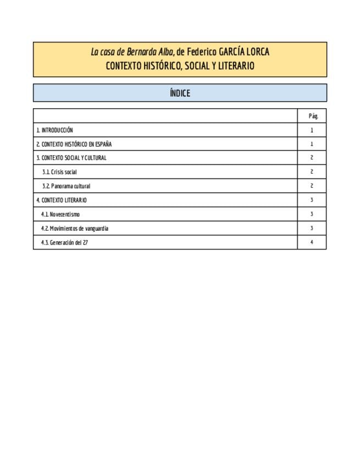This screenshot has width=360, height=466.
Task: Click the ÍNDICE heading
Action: [180, 93]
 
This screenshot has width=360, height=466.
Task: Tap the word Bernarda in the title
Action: [142, 53]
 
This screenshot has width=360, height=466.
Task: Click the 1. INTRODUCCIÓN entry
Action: [54, 130]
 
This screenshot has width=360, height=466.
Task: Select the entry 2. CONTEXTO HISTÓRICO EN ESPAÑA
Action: [74, 144]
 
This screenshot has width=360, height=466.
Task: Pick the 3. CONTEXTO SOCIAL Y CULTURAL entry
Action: [71, 158]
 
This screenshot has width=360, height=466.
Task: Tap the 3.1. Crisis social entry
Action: [59, 172]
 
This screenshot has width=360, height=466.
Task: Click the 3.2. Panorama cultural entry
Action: [66, 186]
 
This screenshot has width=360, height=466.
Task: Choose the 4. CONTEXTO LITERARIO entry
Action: [62, 200]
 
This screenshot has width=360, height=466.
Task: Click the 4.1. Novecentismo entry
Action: [60, 214]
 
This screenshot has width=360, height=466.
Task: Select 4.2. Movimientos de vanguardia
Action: [75, 228]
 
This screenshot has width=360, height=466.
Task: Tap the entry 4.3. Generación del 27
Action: [64, 242]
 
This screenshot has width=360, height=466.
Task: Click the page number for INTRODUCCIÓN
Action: [312, 130]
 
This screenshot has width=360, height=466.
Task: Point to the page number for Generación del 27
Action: [312, 242]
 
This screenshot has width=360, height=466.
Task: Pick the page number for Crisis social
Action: [312, 172]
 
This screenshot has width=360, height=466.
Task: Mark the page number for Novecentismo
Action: [312, 214]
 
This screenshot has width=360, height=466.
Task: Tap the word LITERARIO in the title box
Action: [235, 66]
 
